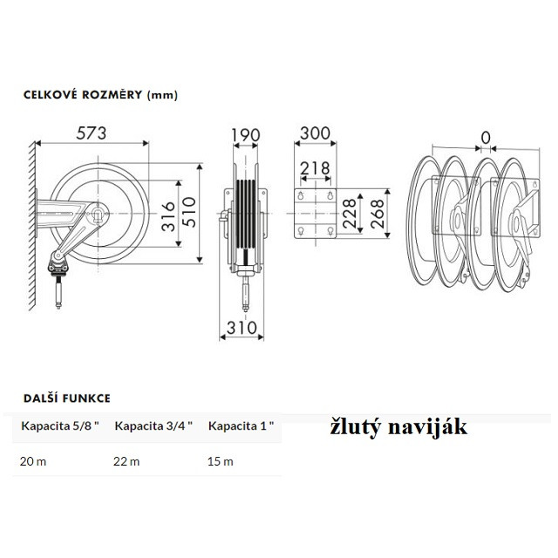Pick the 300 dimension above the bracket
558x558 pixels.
[x=314, y=133]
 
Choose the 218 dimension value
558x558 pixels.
[x=314, y=167]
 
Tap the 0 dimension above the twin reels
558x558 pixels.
[x=485, y=138]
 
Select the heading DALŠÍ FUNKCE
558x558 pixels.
[x=66, y=398]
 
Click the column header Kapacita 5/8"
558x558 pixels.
[x=59, y=426]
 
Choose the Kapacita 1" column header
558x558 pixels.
[x=242, y=426]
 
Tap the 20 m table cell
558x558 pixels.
[x=32, y=461]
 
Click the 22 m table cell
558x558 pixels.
[x=126, y=461]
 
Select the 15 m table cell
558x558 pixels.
[x=220, y=461]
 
